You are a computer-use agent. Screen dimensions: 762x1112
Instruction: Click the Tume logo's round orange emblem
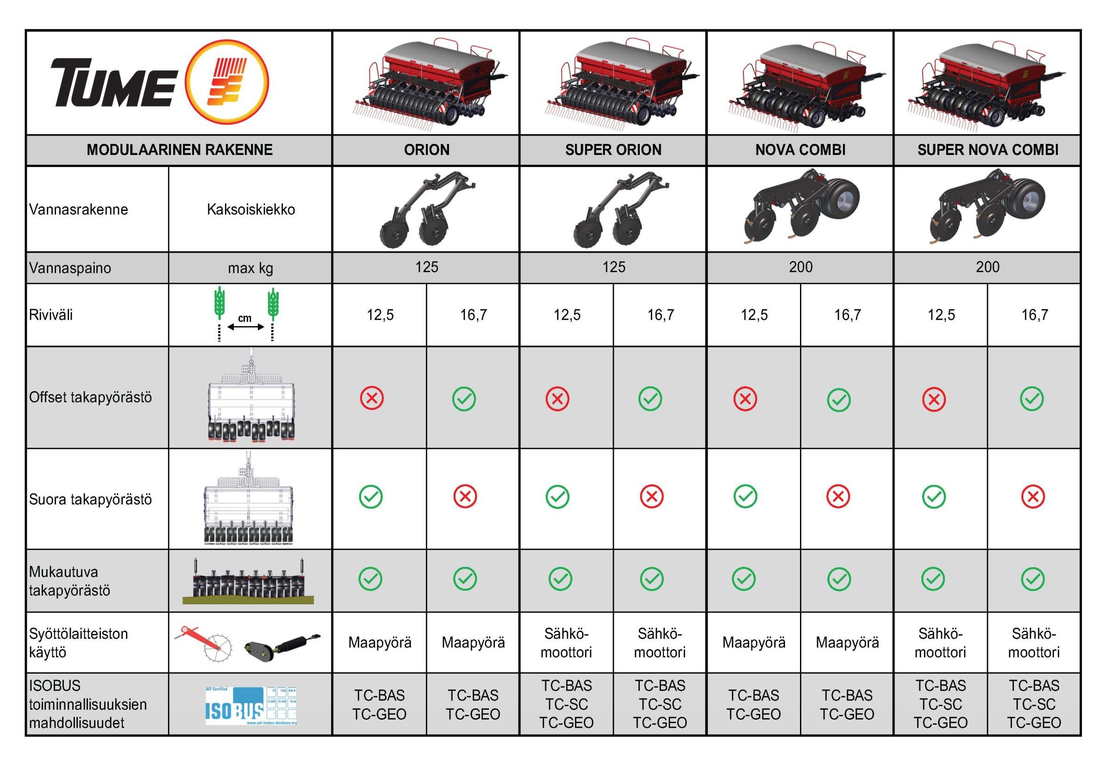point(226,83)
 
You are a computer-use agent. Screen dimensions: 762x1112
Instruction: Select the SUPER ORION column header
point(613,150)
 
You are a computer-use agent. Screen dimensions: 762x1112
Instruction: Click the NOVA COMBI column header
point(800,150)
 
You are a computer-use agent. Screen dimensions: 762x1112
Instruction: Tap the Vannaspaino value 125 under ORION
point(426,267)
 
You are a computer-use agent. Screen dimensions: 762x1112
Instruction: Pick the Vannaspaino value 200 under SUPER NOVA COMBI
point(987,267)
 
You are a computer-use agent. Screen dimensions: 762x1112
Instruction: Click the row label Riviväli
point(51,315)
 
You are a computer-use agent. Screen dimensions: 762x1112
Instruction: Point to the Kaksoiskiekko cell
point(251,210)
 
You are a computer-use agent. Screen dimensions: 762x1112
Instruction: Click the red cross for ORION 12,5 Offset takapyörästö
point(372,398)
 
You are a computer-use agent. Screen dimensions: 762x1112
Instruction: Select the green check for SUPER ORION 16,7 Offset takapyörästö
point(650,399)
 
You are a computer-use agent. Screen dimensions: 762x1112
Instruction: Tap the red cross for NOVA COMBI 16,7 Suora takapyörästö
point(838,497)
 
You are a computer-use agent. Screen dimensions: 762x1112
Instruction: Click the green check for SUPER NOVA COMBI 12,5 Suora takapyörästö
point(933,497)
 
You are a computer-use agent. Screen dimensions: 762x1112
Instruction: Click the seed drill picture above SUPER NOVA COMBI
point(987,86)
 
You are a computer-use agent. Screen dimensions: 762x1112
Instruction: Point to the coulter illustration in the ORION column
point(426,211)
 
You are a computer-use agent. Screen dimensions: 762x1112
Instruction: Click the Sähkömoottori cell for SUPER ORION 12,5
point(566,643)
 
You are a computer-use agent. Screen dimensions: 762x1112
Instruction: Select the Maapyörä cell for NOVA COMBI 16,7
point(847,643)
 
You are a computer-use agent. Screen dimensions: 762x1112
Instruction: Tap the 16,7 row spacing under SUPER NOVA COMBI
point(1035,315)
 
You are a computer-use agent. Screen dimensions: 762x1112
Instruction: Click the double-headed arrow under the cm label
point(245,327)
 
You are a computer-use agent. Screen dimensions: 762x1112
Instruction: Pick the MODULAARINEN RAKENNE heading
point(180,150)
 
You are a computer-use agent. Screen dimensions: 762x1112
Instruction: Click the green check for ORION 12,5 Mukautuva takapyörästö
point(370,579)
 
